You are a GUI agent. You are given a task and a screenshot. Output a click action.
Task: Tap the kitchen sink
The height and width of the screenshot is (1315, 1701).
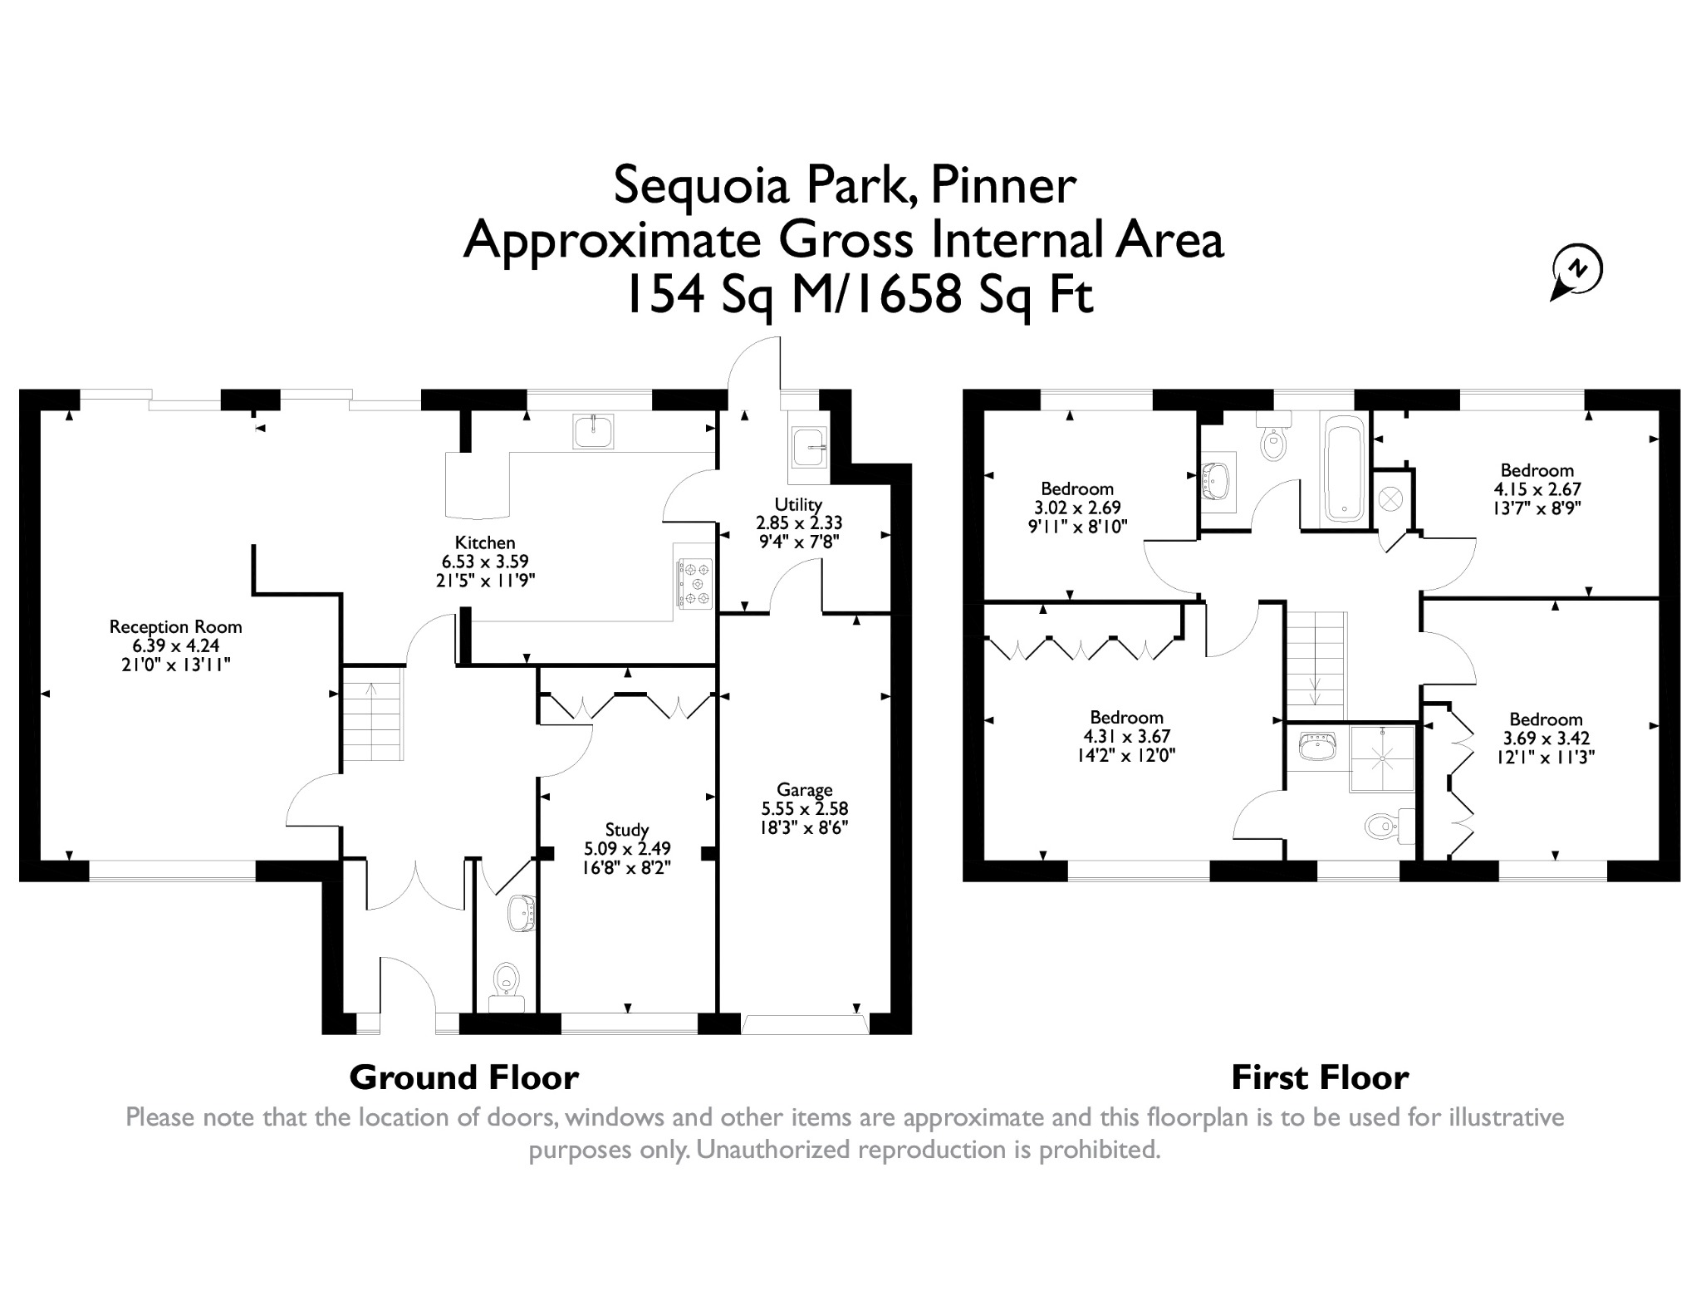tap(593, 431)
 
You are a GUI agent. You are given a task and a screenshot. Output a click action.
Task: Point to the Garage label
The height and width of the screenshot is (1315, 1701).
tap(804, 789)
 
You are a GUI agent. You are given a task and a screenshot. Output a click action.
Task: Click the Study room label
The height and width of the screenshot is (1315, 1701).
tap(627, 829)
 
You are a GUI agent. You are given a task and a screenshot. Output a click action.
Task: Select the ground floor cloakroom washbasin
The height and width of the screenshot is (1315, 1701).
tap(522, 914)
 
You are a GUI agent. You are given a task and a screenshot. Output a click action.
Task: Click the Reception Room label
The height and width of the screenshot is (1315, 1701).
tap(176, 626)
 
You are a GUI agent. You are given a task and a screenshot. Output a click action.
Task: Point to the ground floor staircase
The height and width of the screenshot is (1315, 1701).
tap(373, 719)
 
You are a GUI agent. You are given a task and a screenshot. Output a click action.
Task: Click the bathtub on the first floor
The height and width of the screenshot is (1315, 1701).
tap(1343, 469)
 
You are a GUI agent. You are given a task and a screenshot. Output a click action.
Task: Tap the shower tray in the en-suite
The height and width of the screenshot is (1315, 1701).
tap(1382, 757)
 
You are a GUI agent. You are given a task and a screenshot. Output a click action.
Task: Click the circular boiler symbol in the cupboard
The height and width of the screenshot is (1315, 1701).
tap(1390, 499)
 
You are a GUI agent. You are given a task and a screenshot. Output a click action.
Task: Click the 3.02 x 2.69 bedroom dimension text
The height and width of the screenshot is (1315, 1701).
tap(1077, 507)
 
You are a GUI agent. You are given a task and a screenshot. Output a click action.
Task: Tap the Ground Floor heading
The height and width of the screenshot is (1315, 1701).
tap(463, 1077)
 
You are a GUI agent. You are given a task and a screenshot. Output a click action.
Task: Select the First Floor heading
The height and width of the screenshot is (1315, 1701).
tap(1320, 1077)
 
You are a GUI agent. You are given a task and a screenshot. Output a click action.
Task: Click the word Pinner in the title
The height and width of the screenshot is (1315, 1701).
tap(1003, 184)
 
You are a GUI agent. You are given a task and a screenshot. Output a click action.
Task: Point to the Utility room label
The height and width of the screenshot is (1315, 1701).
tap(798, 504)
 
